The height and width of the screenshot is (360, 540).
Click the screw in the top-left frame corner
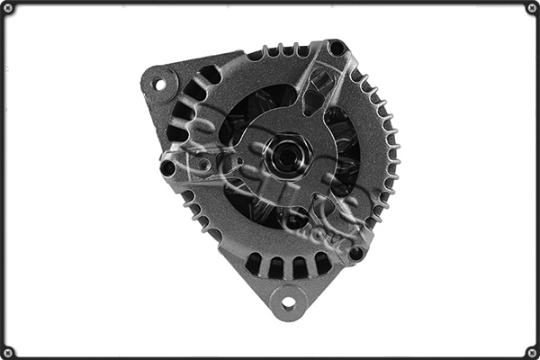[7, 8]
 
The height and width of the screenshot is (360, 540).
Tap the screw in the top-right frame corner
[532, 8]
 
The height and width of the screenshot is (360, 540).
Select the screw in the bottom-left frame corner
[7, 352]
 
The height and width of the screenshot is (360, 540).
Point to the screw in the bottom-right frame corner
[532, 352]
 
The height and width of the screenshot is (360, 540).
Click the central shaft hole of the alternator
[285, 154]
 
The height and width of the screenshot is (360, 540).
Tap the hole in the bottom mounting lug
[288, 302]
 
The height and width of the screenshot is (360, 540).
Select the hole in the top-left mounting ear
[160, 85]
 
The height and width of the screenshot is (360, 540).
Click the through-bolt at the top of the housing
[337, 48]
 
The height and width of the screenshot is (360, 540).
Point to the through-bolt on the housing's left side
[167, 167]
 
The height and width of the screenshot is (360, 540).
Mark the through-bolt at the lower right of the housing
[356, 253]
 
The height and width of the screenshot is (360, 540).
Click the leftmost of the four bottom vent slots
[254, 263]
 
